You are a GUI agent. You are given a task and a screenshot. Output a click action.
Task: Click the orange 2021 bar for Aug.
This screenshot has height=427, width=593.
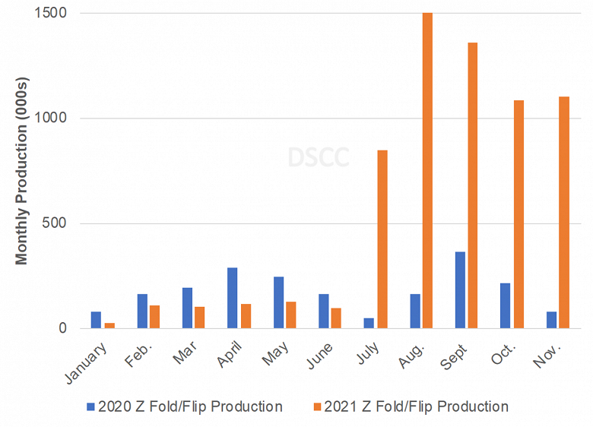427,171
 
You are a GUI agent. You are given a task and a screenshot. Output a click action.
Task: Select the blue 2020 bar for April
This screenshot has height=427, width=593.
233,298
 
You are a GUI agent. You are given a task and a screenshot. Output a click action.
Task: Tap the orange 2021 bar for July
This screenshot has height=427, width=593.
382,239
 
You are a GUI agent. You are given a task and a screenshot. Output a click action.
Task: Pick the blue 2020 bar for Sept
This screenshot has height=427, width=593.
460,290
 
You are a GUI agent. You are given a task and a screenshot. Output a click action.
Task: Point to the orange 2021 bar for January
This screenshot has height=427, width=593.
109,325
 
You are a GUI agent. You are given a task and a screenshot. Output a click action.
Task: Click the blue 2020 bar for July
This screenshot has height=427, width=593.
369,323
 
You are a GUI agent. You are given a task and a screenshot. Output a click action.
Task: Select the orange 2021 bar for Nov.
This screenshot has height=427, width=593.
563,213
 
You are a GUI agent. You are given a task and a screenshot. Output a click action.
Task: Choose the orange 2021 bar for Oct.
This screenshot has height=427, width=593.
518,214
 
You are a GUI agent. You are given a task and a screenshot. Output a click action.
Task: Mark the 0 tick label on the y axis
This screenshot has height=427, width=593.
62,329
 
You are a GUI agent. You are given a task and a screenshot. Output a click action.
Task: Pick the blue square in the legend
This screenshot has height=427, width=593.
90,406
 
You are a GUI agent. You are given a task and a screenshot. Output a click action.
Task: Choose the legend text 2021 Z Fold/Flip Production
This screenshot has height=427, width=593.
416,406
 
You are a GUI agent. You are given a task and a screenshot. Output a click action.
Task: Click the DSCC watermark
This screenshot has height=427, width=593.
319,157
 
